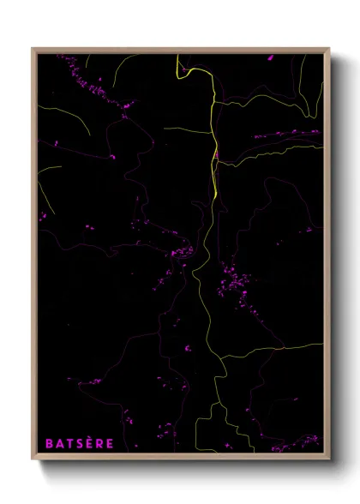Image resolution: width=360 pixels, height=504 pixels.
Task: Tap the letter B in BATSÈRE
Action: tap(49, 443)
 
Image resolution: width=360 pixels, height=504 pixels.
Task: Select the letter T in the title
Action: tap(67, 443)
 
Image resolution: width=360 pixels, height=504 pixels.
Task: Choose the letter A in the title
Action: tap(57, 443)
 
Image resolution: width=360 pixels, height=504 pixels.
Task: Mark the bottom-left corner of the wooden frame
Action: tap(33, 460)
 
